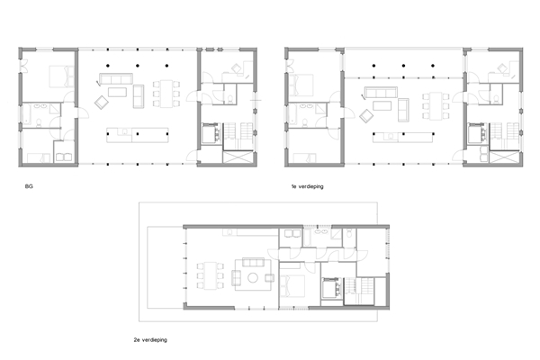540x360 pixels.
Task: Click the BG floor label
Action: pyautogui.click(x=29, y=186)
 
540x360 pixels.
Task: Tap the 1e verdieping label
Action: pyautogui.click(x=307, y=186)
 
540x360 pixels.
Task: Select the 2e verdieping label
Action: pyautogui.click(x=150, y=339)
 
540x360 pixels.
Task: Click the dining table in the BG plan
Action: pyautogui.click(x=166, y=94)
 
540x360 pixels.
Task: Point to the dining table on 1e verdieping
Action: pyautogui.click(x=436, y=106)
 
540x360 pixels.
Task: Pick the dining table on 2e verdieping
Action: pyautogui.click(x=211, y=275)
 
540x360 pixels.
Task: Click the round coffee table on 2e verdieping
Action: pyautogui.click(x=253, y=278)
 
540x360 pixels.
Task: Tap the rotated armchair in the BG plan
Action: pyautogui.click(x=101, y=103)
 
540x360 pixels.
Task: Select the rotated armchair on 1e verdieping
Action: pyautogui.click(x=366, y=116)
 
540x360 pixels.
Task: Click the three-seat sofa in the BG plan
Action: pyautogui.click(x=116, y=78)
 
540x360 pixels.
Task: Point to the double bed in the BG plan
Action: pyautogui.click(x=61, y=76)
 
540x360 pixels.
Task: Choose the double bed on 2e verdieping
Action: pyautogui.click(x=292, y=286)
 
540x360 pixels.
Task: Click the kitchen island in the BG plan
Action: pyautogui.click(x=138, y=135)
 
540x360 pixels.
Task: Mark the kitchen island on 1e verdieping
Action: pyautogui.click(x=403, y=137)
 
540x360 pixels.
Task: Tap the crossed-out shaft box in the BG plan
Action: pyautogui.click(x=238, y=157)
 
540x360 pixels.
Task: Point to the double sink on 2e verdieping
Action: pyautogui.click(x=321, y=232)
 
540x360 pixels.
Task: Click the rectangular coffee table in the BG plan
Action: pyautogui.click(x=117, y=92)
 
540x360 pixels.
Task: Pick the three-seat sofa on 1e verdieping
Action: pyautogui.click(x=381, y=93)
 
